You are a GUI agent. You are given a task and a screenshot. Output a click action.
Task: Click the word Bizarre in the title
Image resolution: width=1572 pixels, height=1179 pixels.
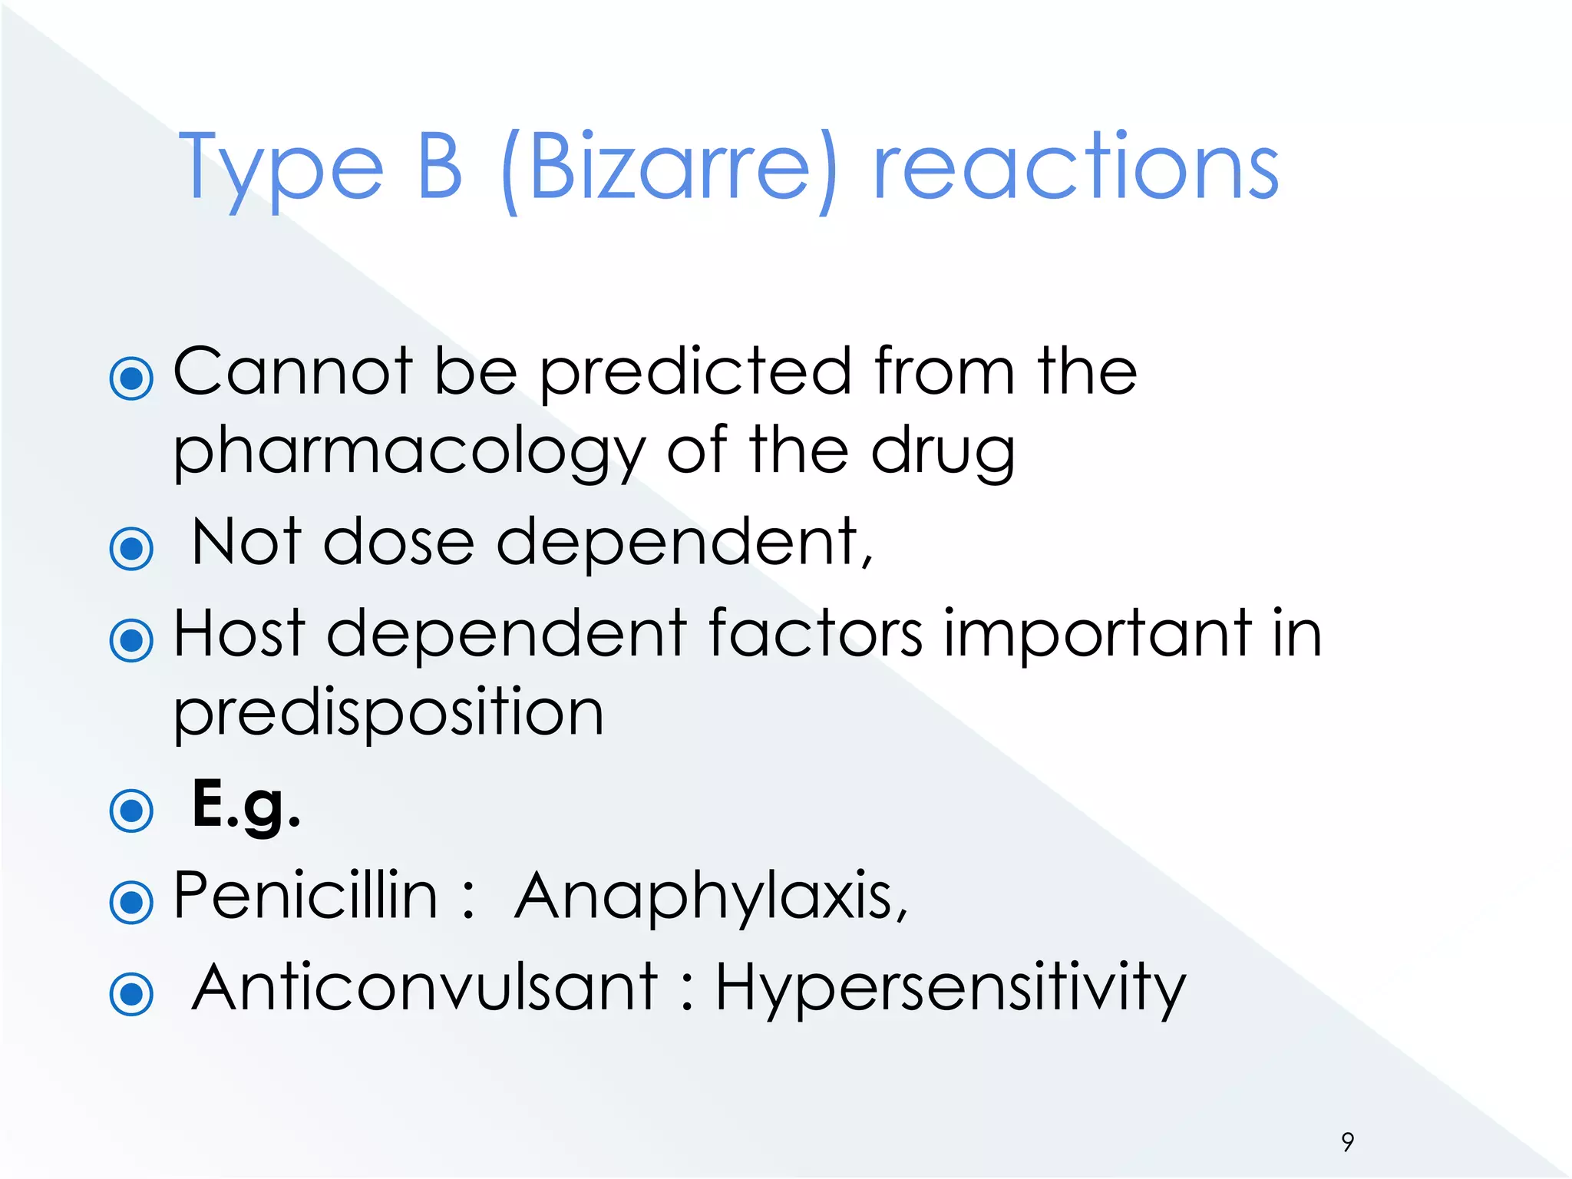(x=668, y=167)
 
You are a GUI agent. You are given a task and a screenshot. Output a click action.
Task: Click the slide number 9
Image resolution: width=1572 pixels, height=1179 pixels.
(x=1348, y=1141)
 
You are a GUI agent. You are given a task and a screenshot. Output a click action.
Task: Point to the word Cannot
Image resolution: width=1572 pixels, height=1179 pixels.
(x=293, y=372)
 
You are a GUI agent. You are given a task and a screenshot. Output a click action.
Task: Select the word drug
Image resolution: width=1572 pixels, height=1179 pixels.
(x=943, y=453)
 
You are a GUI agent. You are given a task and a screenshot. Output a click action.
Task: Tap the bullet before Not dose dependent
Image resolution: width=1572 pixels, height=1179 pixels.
(x=132, y=548)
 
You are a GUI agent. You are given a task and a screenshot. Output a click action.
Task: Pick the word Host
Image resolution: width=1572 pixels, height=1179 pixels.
(x=239, y=633)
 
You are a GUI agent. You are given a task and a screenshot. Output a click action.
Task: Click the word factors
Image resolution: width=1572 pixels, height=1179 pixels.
(x=814, y=633)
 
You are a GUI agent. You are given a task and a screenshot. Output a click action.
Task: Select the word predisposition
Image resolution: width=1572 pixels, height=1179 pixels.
(x=388, y=714)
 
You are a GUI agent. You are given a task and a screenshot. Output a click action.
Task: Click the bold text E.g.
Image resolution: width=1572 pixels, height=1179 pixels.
(x=246, y=805)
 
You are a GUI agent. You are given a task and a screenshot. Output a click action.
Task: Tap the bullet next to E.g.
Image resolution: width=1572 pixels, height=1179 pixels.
(x=132, y=811)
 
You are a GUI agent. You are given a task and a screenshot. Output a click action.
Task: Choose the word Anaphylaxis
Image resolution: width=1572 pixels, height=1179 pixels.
(x=711, y=897)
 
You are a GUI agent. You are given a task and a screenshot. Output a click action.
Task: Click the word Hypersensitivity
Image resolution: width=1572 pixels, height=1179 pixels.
(x=950, y=989)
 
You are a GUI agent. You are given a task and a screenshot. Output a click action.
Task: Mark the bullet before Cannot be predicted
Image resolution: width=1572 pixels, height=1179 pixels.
(x=132, y=378)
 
